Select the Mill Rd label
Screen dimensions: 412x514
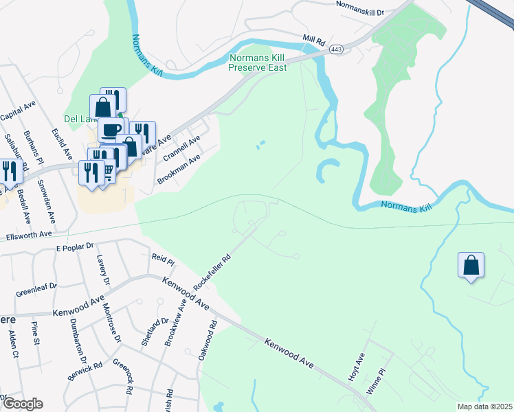(x=313, y=40)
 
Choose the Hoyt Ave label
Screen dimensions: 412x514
(x=358, y=361)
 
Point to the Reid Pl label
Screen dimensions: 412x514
(x=163, y=260)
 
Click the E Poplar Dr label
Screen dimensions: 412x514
(x=73, y=247)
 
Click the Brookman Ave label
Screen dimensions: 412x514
(x=179, y=168)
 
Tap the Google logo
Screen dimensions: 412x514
(x=22, y=404)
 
